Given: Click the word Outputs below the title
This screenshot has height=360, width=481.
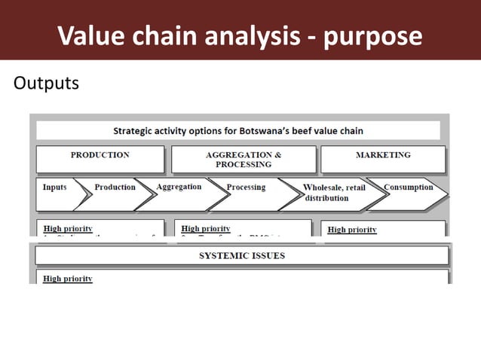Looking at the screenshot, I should click(46, 82).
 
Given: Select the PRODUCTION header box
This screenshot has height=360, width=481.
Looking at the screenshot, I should click(100, 159).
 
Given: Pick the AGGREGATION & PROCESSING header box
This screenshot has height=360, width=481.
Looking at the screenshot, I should click(243, 159).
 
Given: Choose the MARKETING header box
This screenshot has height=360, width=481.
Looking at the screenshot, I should click(383, 159).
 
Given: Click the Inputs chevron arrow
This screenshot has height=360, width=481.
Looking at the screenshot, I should click(57, 193).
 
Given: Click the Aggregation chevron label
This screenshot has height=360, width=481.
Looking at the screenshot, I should click(179, 187).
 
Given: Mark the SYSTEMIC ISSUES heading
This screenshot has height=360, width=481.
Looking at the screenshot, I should click(241, 256).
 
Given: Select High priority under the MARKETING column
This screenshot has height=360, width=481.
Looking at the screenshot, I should click(352, 230).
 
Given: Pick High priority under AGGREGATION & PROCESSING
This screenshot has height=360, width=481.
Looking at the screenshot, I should click(206, 228).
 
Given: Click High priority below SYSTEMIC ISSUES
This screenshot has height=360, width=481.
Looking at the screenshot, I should click(68, 279).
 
